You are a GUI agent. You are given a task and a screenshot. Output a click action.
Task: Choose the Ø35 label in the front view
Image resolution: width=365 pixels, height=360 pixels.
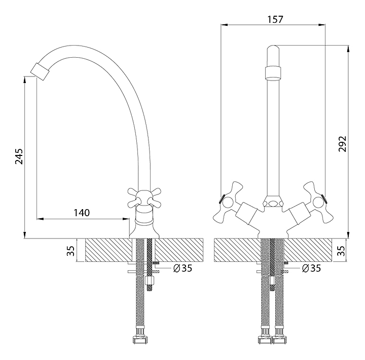click(312, 269)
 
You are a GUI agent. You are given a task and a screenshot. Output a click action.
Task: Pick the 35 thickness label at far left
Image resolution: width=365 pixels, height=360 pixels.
click(70, 250)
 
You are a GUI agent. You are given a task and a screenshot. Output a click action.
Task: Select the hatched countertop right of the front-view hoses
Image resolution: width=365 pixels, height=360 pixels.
click(307, 250)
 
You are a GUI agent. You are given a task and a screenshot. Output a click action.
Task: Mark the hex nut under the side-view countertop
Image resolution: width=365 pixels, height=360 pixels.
click(150, 279)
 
